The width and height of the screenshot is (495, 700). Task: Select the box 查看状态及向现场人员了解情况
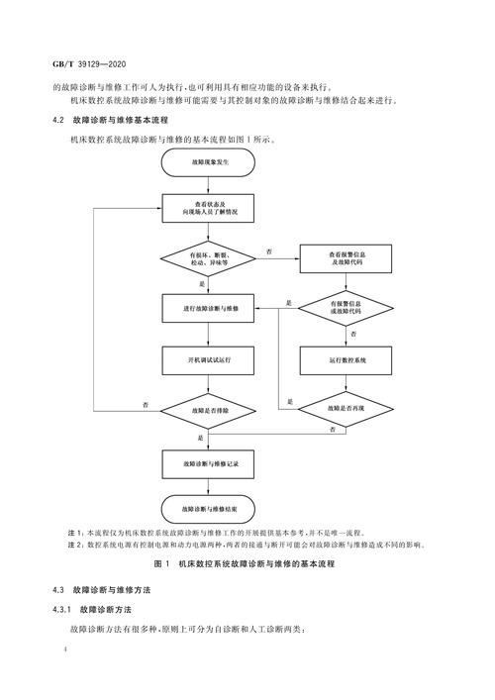[209, 207]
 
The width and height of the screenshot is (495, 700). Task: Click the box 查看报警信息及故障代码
[346, 256]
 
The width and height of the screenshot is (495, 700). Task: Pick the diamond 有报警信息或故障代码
[346, 307]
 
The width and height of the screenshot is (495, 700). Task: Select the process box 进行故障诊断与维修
[209, 308]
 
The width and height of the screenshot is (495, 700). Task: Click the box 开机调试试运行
[209, 360]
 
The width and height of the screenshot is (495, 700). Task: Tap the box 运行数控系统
[346, 360]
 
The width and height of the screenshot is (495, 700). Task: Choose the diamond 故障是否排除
[209, 410]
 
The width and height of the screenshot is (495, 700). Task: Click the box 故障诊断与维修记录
[209, 462]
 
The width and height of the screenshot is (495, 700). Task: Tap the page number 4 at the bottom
[63, 652]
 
